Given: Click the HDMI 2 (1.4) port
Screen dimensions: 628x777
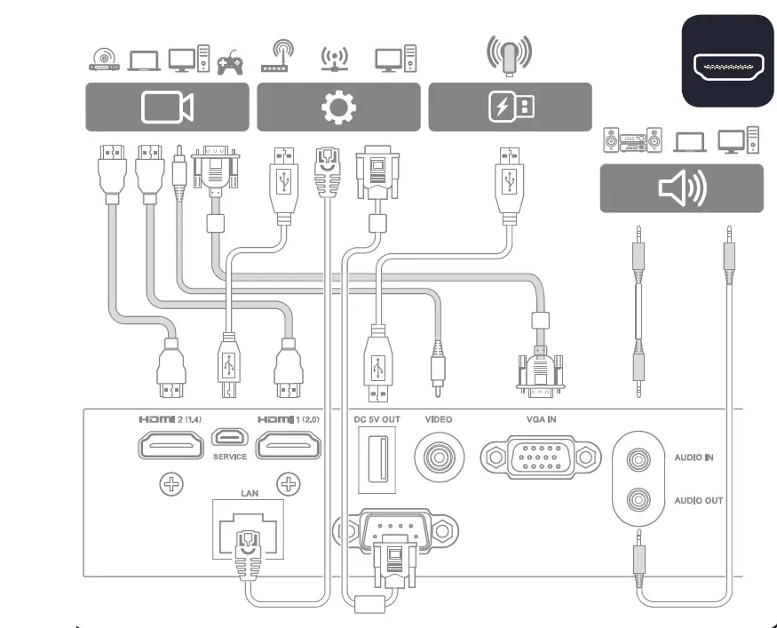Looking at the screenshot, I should point(171,445).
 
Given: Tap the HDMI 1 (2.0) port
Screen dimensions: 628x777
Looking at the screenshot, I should point(289,444).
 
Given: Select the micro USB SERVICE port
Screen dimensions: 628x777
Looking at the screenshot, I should point(230,439).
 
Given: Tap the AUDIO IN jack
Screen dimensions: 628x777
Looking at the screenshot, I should point(637,459).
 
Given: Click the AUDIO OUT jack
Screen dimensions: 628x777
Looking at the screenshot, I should point(637,499).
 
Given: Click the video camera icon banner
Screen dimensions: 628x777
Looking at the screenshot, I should point(167,107).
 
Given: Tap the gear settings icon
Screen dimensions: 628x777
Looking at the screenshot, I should point(338,107).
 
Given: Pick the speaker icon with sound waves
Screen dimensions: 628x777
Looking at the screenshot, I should point(681,188).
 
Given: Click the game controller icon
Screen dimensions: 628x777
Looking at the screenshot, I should point(231,60).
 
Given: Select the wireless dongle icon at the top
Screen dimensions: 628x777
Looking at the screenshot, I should point(510,54).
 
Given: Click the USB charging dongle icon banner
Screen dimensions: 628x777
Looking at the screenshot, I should point(510,107).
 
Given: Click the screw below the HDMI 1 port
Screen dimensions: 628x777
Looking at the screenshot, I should point(288,485).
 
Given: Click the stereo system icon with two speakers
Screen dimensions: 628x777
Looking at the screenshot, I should point(632,139).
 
